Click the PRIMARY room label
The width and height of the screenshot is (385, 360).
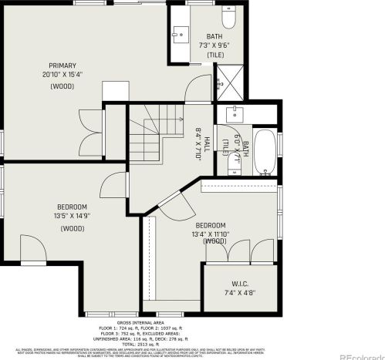(61, 65)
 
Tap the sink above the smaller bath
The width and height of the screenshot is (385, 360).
(236, 114)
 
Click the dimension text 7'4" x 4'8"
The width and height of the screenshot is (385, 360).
(240, 294)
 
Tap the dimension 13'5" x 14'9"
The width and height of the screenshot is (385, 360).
(73, 217)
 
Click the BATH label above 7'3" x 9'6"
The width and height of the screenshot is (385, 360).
(214, 37)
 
